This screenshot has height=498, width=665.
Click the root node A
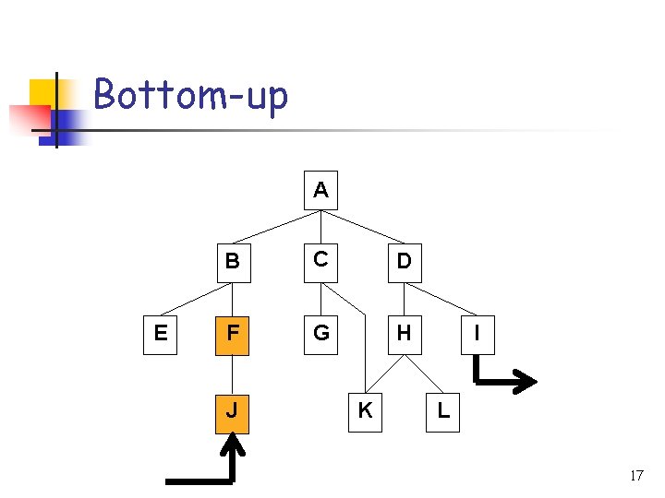pyautogui.click(x=320, y=190)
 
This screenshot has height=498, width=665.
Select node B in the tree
pyautogui.click(x=233, y=261)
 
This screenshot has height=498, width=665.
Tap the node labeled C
pyautogui.click(x=320, y=261)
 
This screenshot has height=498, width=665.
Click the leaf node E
pyautogui.click(x=161, y=333)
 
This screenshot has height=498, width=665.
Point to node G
pyautogui.click(x=320, y=333)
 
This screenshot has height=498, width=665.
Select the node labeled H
pyautogui.click(x=404, y=333)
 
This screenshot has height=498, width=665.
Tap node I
pyautogui.click(x=476, y=333)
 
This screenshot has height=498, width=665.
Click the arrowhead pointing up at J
pyautogui.click(x=233, y=446)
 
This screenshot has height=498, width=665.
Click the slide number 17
pyautogui.click(x=636, y=476)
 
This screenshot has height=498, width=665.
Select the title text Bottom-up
pyautogui.click(x=191, y=95)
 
